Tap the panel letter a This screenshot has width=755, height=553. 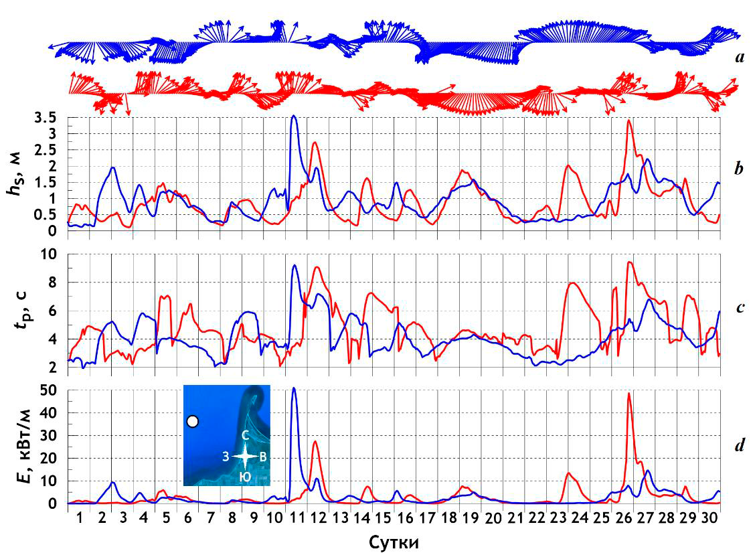tap(739, 58)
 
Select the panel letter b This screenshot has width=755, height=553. tap(739, 168)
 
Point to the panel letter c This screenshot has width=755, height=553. tap(739, 307)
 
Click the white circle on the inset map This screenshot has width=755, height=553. tap(193, 421)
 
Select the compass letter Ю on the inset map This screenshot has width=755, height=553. tap(246, 477)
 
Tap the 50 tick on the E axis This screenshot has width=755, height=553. tap(54, 391)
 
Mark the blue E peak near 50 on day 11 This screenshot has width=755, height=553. tap(295, 388)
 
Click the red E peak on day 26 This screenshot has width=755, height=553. tap(628, 394)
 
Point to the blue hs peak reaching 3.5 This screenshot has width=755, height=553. tap(294, 116)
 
